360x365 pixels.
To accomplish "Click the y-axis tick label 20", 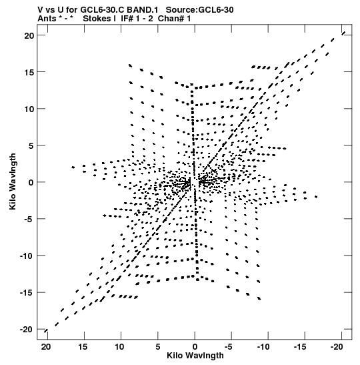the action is (x=29, y=35).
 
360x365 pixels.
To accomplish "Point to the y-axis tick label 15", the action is (x=29, y=72).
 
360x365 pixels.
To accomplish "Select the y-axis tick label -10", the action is (x=27, y=256).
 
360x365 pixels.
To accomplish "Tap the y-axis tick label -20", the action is (x=27, y=330).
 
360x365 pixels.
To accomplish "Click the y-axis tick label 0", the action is (x=31, y=183).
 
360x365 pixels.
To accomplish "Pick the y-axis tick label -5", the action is (x=29, y=220).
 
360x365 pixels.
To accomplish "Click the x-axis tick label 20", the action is (x=46, y=347).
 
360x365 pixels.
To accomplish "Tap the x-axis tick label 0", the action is (x=195, y=347).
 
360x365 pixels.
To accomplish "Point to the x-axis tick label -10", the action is (x=265, y=347).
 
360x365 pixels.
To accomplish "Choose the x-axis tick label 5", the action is (x=158, y=347).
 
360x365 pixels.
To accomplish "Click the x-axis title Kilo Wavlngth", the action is (x=195, y=356).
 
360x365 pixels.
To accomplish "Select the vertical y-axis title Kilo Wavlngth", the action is (x=13, y=181).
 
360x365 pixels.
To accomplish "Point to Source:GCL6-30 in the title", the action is (x=200, y=10).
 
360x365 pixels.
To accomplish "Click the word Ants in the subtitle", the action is (x=47, y=19).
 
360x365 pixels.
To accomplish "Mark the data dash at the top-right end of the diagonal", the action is (x=343, y=33).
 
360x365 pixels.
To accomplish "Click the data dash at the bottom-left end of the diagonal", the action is (x=46, y=331).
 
